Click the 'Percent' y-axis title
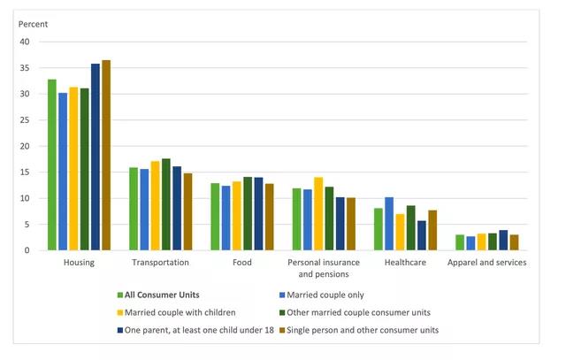(x=34, y=24)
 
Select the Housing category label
(x=80, y=263)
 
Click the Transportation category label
(x=160, y=263)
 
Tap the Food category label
(x=241, y=263)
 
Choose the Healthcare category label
(x=404, y=263)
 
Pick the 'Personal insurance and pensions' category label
(x=323, y=267)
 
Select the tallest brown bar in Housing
(x=106, y=155)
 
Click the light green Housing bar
(x=52, y=165)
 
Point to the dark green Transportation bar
(x=166, y=204)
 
